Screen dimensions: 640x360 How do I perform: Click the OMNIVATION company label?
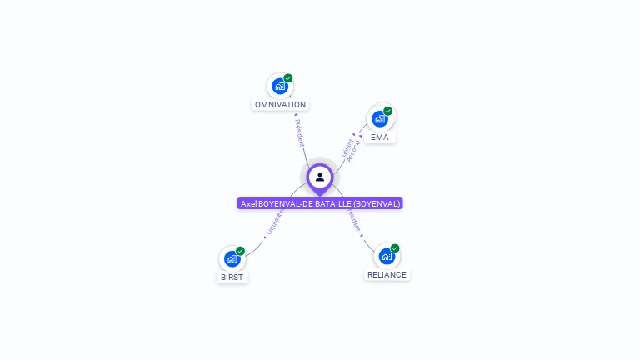(x=280, y=105)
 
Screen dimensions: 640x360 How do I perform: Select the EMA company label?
(x=379, y=137)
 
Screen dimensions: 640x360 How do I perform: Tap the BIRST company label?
(x=232, y=277)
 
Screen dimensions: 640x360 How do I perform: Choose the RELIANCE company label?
(x=387, y=274)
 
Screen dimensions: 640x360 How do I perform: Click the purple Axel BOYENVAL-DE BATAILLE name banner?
(x=320, y=203)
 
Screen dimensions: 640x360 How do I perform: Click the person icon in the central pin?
(x=320, y=177)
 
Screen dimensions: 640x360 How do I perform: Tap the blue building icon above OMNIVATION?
(x=279, y=86)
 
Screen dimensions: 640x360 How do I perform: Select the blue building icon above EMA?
(x=379, y=118)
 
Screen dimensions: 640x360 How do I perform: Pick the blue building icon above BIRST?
(x=232, y=258)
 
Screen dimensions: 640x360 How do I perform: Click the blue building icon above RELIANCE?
(x=386, y=256)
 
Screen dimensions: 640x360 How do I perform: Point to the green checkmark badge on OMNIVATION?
(x=288, y=78)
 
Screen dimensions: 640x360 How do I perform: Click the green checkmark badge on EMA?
(x=388, y=111)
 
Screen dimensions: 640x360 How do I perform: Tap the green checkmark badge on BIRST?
(x=241, y=251)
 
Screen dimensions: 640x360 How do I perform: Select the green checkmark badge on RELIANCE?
(x=395, y=248)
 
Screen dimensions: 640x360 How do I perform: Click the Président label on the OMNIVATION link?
(x=299, y=132)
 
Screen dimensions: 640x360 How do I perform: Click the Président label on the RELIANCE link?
(x=354, y=221)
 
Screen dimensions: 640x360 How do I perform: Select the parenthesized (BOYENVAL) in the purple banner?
(x=377, y=203)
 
